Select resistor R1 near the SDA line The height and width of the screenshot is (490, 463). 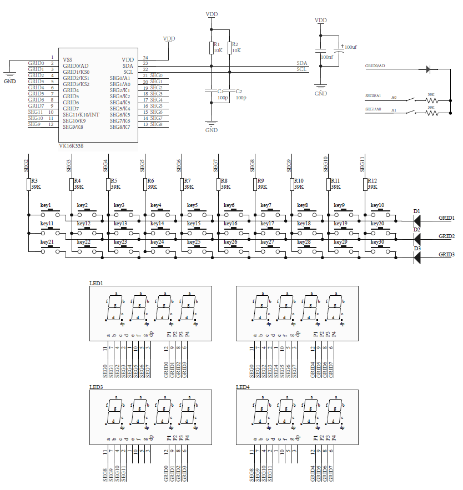[212, 48]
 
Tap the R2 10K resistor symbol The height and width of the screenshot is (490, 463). [229, 48]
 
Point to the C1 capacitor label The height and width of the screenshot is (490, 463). [220, 91]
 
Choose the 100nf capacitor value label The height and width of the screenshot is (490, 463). [326, 57]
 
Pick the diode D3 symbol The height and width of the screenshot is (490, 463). [416, 257]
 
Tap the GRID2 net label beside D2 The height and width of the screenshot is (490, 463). [446, 236]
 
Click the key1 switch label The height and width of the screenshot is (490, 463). [46, 205]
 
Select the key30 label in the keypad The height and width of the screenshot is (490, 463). [377, 242]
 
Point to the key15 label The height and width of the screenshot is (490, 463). [194, 224]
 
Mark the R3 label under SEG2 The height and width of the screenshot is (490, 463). [34, 181]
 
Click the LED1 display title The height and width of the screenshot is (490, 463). [96, 283]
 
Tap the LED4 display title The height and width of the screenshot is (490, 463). [243, 387]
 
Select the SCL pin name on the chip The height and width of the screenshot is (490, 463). [128, 72]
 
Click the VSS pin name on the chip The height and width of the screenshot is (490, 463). [67, 59]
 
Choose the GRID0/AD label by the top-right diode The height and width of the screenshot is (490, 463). [375, 66]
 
